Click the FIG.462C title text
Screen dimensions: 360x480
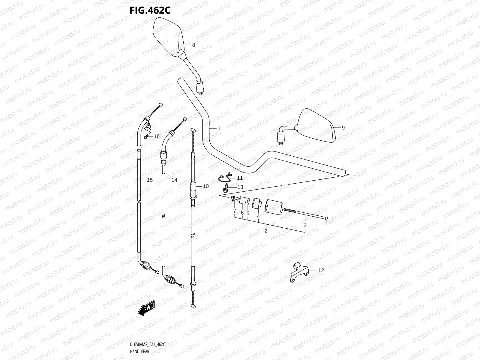150,10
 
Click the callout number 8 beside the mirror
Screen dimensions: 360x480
193,45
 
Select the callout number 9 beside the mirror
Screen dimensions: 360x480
343,127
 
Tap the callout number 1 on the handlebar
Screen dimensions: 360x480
219,128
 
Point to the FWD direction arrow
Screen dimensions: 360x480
146,308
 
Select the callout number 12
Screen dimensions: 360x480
321,270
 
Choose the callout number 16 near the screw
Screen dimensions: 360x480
157,136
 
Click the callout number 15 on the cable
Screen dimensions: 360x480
150,180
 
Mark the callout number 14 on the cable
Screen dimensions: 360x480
174,180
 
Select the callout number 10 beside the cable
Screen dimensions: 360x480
205,186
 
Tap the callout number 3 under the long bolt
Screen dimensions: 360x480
305,225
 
